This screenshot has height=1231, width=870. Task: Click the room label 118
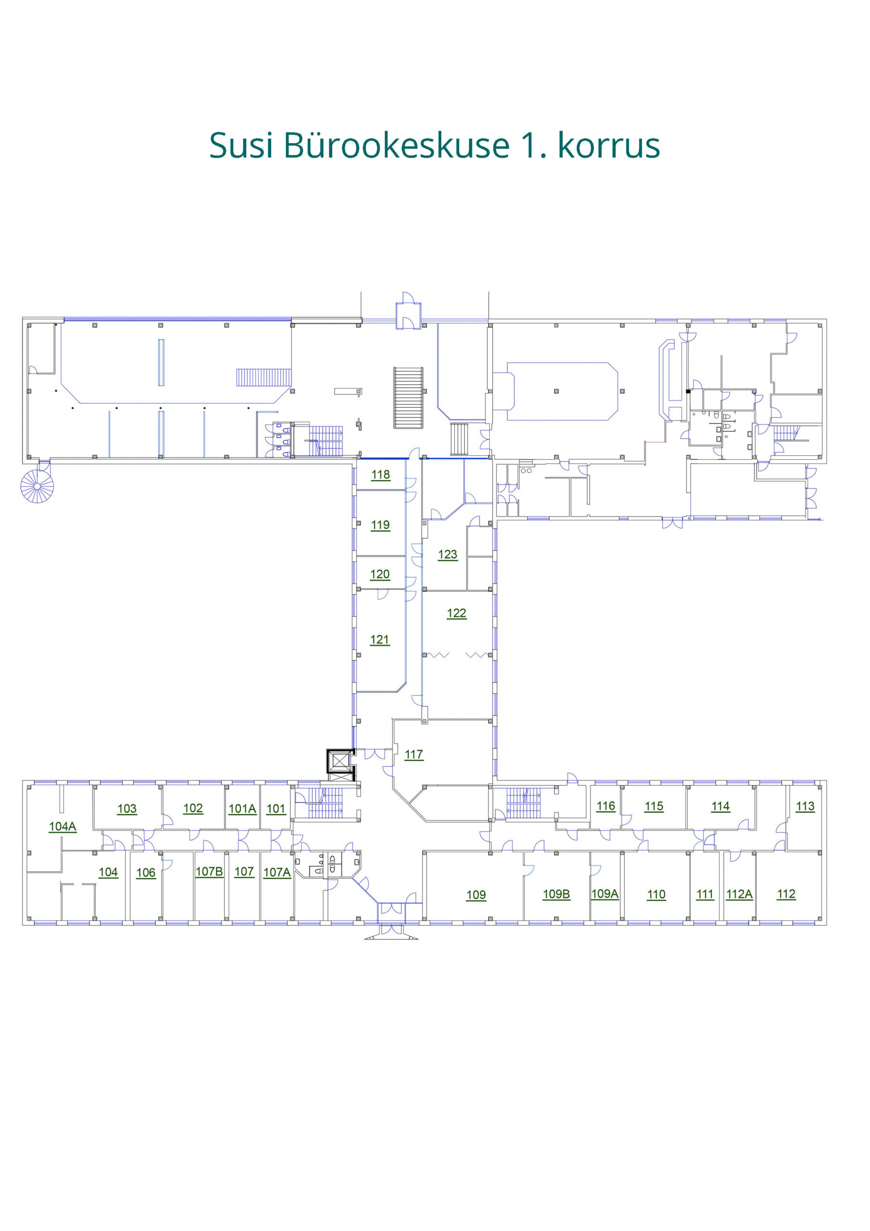(381, 475)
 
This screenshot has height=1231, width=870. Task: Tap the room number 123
(447, 554)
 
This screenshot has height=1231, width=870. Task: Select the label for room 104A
(62, 826)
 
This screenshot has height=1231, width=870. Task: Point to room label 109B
(557, 894)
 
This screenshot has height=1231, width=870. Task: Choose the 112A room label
(739, 894)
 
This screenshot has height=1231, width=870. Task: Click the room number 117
(414, 754)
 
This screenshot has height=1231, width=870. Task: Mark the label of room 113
(805, 806)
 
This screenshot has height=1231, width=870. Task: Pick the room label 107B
(209, 871)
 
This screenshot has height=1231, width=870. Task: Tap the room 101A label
(242, 808)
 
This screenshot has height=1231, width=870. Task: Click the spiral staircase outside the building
(37, 486)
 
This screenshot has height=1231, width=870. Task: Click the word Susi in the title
(241, 145)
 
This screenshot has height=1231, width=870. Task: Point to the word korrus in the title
(609, 145)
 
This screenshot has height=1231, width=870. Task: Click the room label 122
(457, 613)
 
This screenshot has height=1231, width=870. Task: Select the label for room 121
(380, 639)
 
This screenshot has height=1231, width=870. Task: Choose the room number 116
(606, 805)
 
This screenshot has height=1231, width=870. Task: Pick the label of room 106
(146, 872)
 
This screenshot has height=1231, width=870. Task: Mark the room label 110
(656, 894)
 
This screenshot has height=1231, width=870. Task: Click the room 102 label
(193, 808)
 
